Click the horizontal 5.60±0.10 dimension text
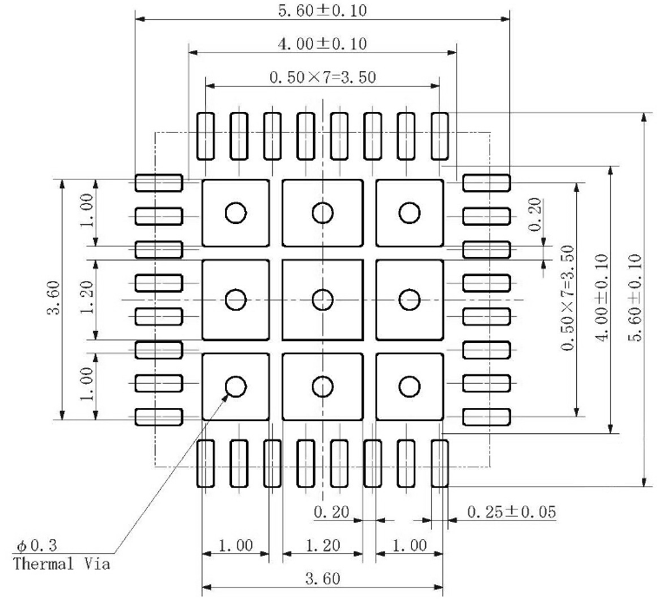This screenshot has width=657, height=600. (x=322, y=10)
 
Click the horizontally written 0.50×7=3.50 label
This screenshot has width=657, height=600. (x=322, y=77)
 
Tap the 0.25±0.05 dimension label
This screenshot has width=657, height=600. (x=512, y=511)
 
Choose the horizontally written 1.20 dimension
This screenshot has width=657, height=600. (x=322, y=545)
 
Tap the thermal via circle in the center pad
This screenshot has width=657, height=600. (x=322, y=300)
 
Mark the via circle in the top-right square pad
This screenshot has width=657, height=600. (x=409, y=213)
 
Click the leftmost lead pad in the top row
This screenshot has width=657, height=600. (x=206, y=136)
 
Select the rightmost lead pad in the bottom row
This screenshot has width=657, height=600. (x=440, y=463)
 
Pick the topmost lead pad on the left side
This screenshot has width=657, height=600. (x=158, y=182)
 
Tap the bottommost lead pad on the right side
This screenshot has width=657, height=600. (x=487, y=417)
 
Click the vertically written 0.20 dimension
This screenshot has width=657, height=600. (x=534, y=214)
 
